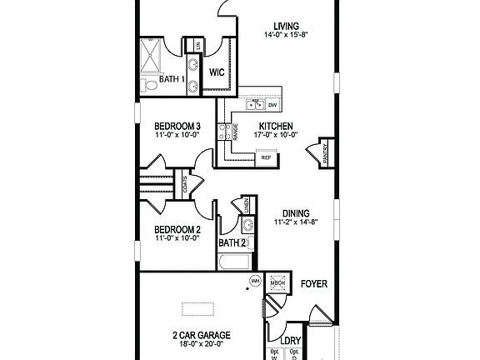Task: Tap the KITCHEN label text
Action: point(275,127)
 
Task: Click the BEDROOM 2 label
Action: point(177,229)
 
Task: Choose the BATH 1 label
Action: point(172,80)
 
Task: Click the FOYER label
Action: point(313,284)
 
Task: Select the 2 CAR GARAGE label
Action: point(201,335)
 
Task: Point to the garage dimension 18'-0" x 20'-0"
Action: point(201,346)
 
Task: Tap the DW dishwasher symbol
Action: point(271,105)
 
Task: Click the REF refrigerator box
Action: point(267,157)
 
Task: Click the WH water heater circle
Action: point(257,282)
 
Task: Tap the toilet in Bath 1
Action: point(148,85)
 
